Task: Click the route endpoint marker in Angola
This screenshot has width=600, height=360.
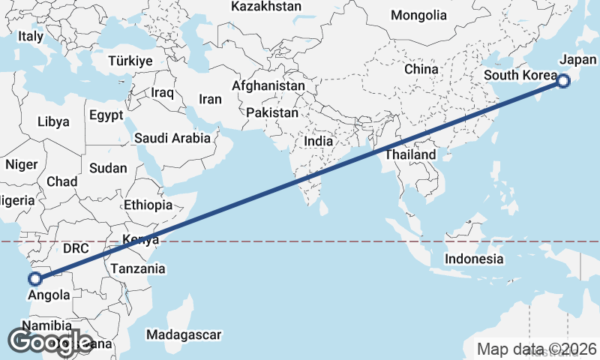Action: pos(34,279)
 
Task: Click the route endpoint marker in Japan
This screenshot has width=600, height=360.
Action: pos(563,81)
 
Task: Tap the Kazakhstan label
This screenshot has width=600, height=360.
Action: pos(266,7)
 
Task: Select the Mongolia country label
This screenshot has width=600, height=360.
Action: pos(418,16)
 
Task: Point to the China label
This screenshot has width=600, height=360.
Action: pos(421,69)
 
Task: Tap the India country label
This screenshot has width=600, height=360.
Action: pos(319,141)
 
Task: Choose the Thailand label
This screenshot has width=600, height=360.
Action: pos(410,154)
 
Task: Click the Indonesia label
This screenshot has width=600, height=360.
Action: pos(474,259)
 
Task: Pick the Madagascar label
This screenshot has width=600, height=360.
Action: pos(184,334)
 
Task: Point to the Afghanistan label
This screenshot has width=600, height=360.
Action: pos(268,85)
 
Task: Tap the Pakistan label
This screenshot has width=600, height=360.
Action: pos(272,112)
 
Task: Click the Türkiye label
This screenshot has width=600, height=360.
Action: pos(130,61)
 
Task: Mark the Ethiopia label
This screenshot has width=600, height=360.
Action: pos(148,205)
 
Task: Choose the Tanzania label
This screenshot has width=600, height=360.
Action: pos(137,268)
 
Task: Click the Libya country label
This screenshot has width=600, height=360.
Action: pos(53,121)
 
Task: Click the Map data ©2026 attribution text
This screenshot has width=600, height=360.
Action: pos(537,349)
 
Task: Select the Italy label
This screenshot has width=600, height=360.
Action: pos(31,36)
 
